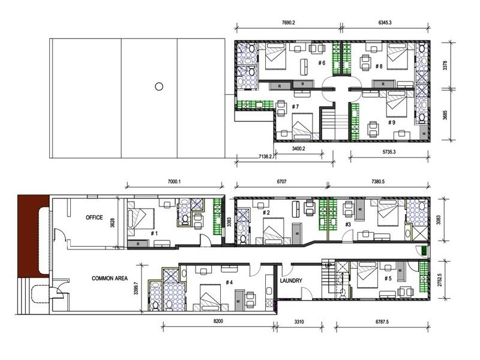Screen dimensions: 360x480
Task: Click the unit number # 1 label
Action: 154,233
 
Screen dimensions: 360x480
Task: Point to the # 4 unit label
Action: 229,283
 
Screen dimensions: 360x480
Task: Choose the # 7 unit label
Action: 295,107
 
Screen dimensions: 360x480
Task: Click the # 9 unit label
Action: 391,123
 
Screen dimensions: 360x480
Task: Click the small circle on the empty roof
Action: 159,86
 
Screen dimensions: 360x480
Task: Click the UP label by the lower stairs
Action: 328,265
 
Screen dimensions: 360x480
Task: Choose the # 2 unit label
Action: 268,212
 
